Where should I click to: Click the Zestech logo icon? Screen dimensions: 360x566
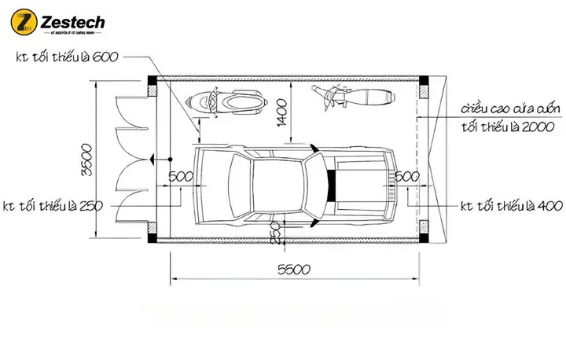pos(27,24)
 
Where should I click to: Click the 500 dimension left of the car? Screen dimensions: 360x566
pos(181,176)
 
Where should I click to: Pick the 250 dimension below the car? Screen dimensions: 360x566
pos(275,233)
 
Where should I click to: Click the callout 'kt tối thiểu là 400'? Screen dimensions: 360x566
pos(510,206)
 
